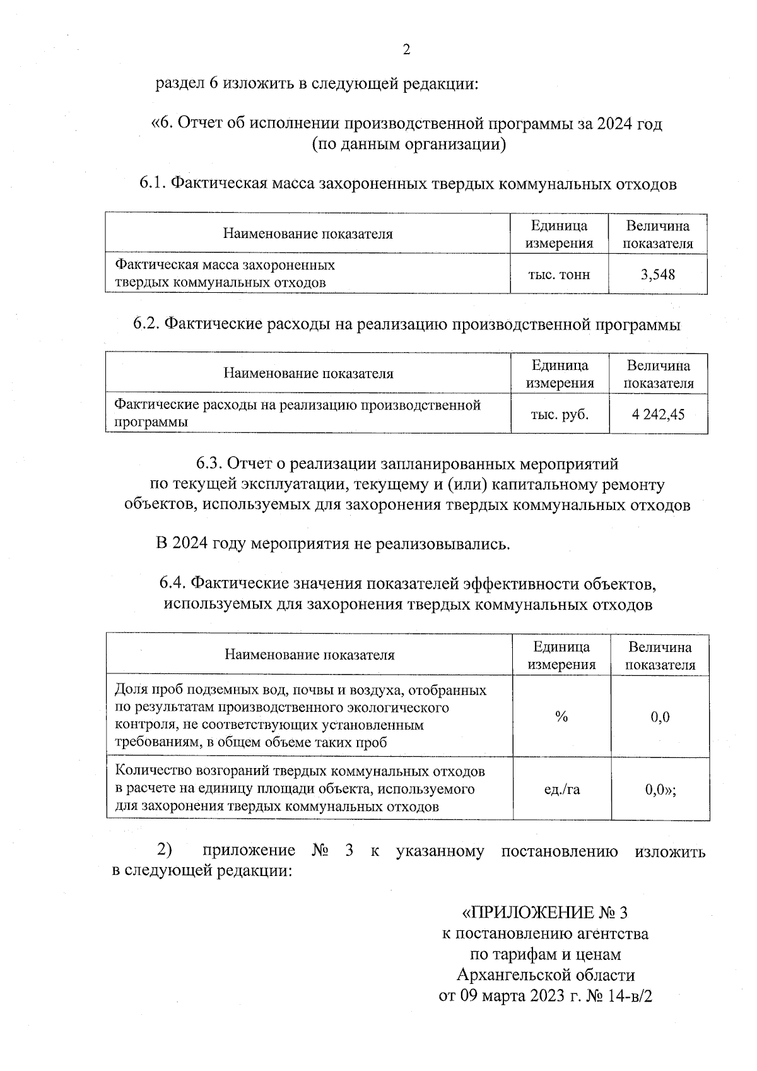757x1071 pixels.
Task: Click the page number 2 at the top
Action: [x=406, y=50]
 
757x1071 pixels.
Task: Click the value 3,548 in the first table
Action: [x=657, y=274]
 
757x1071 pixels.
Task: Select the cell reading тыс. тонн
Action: [x=559, y=275]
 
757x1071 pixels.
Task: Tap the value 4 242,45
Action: [x=658, y=415]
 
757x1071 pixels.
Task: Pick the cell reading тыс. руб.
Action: [x=560, y=415]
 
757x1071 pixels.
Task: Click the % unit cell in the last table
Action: [x=561, y=716]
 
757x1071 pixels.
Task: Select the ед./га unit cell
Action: [x=561, y=789]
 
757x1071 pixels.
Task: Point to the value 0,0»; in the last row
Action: [x=660, y=789]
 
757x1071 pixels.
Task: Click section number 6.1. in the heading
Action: [x=152, y=184]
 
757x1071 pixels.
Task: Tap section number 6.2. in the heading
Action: [x=146, y=324]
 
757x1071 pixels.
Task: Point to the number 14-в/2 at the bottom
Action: [x=626, y=996]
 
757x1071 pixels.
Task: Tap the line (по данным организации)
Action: [x=409, y=144]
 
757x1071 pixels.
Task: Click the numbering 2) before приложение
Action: [x=165, y=849]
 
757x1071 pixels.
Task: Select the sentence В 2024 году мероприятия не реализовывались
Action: [x=332, y=543]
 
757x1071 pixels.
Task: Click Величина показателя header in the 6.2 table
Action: [x=659, y=374]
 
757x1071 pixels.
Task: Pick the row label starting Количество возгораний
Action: [x=301, y=788]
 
